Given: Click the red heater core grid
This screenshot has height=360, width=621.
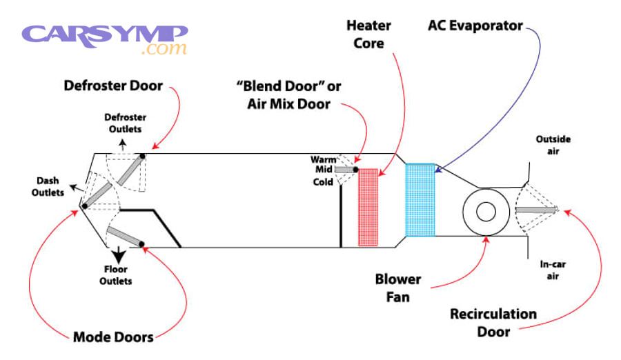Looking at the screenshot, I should [x=369, y=207].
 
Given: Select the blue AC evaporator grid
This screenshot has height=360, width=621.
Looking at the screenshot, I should [x=421, y=200].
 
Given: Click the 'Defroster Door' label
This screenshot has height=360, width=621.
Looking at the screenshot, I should [x=113, y=86].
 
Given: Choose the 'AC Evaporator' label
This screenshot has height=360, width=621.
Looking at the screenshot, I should [x=475, y=27].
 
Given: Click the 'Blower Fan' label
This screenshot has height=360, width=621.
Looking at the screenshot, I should [x=398, y=288].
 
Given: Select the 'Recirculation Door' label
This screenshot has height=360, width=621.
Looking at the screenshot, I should [x=493, y=323].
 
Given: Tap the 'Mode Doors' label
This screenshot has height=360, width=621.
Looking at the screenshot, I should [x=113, y=337].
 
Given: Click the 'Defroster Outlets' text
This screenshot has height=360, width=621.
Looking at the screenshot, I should [x=124, y=123].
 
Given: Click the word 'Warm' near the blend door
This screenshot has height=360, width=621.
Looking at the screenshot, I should [x=324, y=160].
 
